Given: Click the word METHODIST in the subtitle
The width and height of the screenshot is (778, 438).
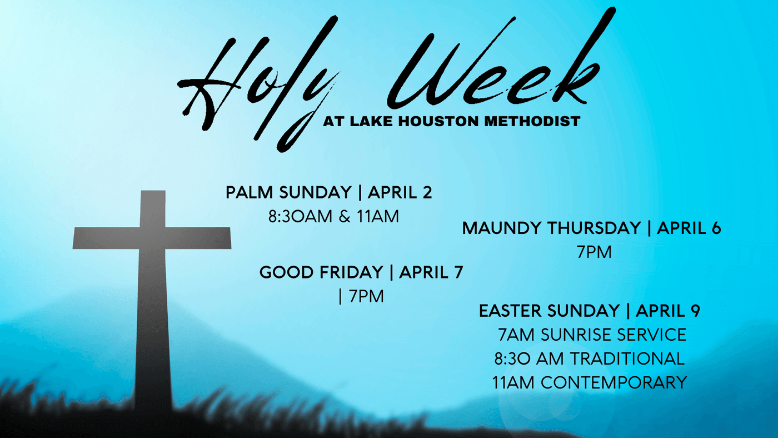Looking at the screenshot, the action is coord(532,122).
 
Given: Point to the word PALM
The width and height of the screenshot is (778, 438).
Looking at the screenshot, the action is coord(249,192).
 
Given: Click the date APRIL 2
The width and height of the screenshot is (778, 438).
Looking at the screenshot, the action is coord(400,192).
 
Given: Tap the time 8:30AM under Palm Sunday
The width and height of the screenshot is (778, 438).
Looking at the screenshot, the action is coord(300,216).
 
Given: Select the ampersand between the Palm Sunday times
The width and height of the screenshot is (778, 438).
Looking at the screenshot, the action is coord(345,216).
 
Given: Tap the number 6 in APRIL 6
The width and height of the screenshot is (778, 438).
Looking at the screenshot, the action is coord(716,228).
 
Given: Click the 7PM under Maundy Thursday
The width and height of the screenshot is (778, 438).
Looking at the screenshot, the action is coord(594,252).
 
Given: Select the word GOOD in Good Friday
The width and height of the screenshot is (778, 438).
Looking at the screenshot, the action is coord(287,272).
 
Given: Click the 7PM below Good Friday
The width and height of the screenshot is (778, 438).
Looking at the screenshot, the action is coord(366,296).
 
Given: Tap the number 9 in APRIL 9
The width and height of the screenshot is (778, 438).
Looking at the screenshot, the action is coord(695,311).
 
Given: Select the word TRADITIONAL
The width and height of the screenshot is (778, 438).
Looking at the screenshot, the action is coord(627,359).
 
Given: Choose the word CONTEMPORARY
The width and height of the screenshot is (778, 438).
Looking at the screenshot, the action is coord(614,383).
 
